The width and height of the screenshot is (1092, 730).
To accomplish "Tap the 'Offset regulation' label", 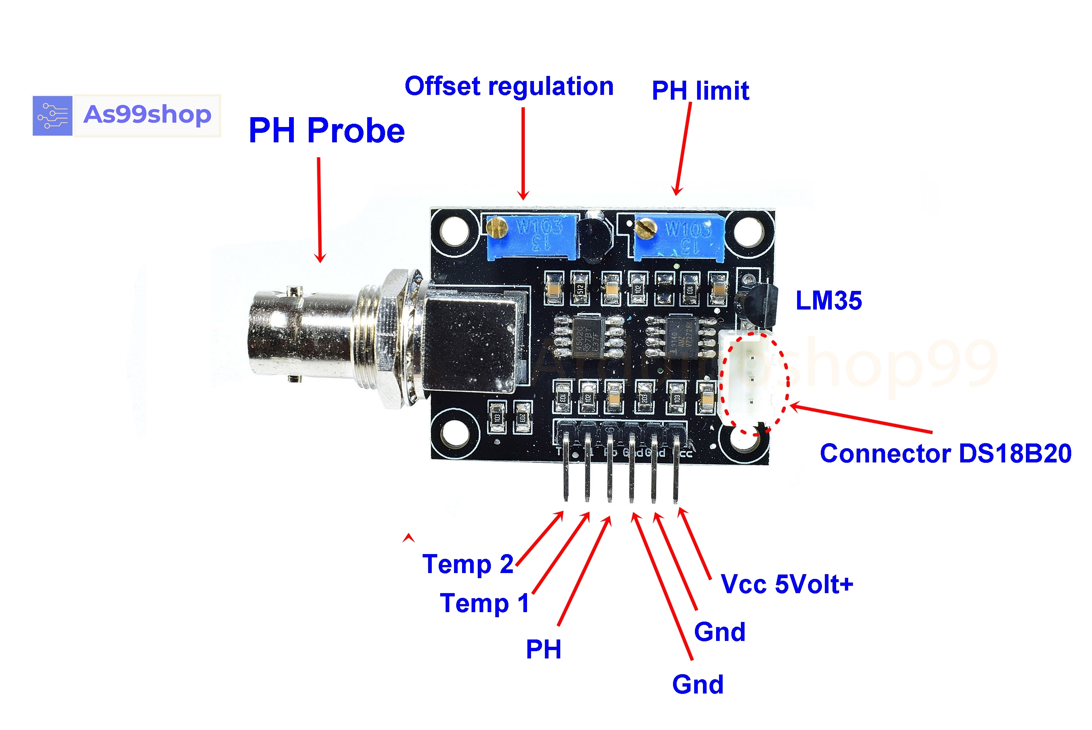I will point(509,86).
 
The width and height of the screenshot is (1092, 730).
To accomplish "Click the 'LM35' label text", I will point(828,300).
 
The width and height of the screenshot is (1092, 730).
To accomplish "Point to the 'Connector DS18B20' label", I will point(945,453).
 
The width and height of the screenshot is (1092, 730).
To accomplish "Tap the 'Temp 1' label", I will point(484,603).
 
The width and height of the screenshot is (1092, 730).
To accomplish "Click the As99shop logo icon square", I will point(52,115).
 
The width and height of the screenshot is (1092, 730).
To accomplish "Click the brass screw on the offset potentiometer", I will point(496,227).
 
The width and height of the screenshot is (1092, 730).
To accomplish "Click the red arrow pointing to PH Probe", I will point(319,210).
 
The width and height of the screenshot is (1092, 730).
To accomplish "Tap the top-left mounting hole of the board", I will point(455,231).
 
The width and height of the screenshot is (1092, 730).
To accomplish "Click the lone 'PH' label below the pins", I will point(543,649).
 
